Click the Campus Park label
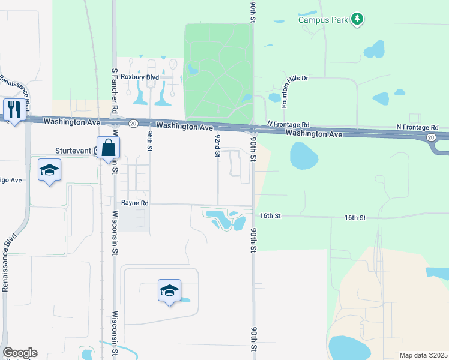pos(324,20)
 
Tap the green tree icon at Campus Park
pos(357,19)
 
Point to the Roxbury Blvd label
pos(139,77)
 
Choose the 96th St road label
pos(149,145)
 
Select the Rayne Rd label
pos(134,203)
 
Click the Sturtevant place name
pos(75,151)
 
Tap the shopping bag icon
pos(109,148)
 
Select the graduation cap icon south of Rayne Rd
pos(169,290)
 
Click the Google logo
pos(20,353)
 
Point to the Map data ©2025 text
pos(423,355)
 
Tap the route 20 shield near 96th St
pos(133,123)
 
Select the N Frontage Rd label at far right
pos(417,128)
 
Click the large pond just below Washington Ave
pos(304,155)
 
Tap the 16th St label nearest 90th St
pos(271,215)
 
